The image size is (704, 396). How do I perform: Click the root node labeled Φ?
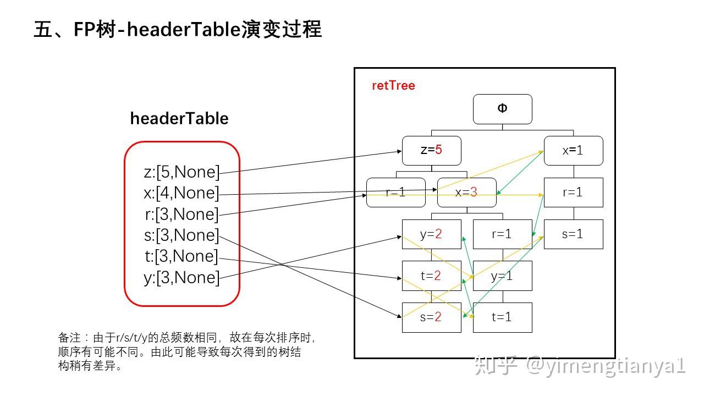pos(502,109)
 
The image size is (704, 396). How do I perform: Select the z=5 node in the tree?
pos(431,150)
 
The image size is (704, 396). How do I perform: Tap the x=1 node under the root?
pos(573,150)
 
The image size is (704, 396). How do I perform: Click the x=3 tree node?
pos(466,193)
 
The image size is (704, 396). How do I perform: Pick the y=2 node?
pos(431,234)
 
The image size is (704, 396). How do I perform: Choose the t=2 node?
pos(431,276)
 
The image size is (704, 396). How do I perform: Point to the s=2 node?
pos(431,317)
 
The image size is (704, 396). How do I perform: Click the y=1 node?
pos(502,276)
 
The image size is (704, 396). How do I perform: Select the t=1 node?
pos(502,317)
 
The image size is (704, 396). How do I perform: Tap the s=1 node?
pos(573,234)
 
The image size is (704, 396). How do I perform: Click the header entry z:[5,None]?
pos(182,172)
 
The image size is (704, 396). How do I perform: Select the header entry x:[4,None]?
pos(182,193)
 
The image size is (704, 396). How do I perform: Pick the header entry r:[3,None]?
pos(182,214)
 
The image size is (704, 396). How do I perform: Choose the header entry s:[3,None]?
pos(182,235)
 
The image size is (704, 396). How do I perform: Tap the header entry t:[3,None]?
pos(182,256)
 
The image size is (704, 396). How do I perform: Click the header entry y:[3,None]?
pos(182,278)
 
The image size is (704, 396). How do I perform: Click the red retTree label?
pos(393,86)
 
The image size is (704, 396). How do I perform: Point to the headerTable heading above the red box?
pos(179,118)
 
